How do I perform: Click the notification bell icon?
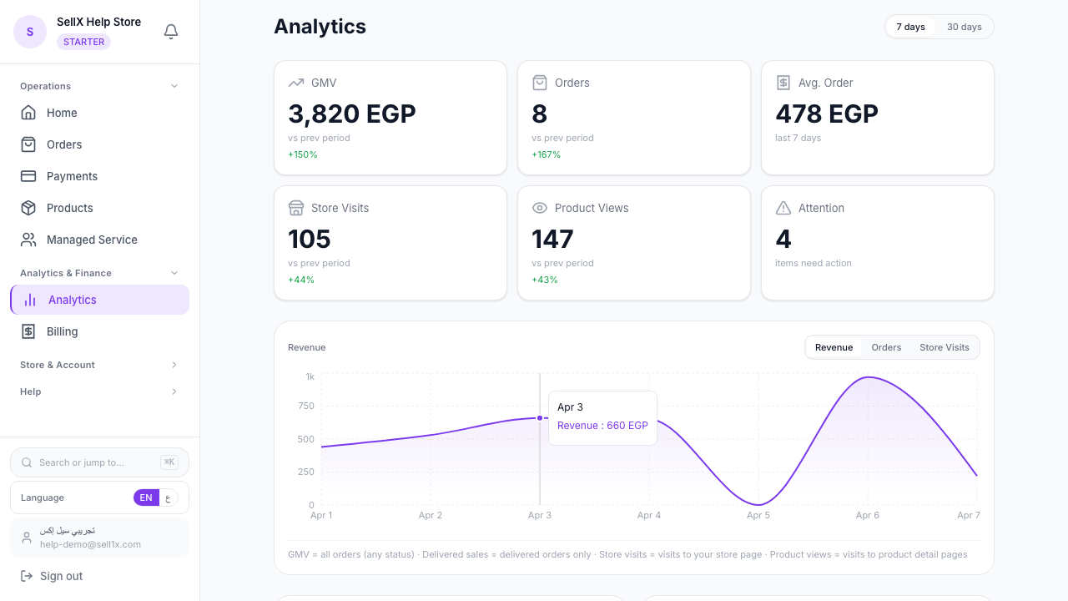[171, 32]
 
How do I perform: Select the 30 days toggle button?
[964, 27]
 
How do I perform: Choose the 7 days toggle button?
[910, 27]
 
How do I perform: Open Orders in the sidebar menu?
[64, 144]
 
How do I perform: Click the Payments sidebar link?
[72, 176]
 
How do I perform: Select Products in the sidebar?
[69, 208]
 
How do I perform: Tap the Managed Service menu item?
[92, 240]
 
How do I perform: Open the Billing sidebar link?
[62, 331]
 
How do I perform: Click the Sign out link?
[61, 576]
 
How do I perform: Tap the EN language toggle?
[146, 497]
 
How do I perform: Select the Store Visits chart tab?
[944, 347]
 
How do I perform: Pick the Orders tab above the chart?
[886, 347]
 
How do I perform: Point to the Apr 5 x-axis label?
[758, 515]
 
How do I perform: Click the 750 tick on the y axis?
[305, 407]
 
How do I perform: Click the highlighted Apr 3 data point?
[540, 417]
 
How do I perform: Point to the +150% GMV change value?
[303, 154]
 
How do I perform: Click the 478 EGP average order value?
[826, 114]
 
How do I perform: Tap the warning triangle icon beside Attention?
[783, 208]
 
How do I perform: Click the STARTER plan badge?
[83, 42]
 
